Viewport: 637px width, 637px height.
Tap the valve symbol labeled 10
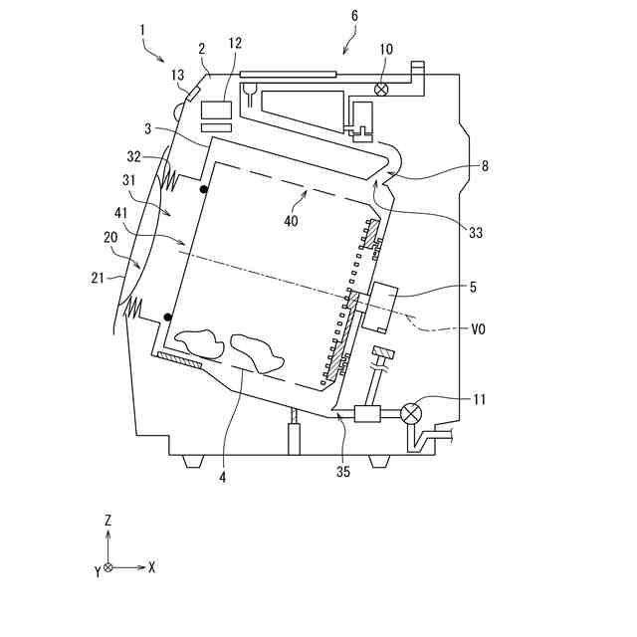coord(381,89)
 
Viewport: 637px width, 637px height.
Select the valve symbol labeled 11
coord(411,413)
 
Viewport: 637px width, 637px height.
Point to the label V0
coord(480,325)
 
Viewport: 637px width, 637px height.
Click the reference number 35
coord(343,472)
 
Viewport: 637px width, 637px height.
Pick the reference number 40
coord(291,221)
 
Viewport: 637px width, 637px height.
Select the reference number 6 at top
coord(355,16)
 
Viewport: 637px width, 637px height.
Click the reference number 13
coord(178,74)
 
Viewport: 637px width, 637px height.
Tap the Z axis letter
coord(107,520)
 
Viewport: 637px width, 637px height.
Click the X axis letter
coord(151,567)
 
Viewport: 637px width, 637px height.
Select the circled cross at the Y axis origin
coord(107,567)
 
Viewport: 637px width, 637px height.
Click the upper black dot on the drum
coord(204,189)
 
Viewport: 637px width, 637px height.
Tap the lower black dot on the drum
coord(167,318)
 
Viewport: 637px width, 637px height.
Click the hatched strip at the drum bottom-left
coord(178,360)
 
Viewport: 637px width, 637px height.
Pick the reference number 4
coord(223,477)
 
